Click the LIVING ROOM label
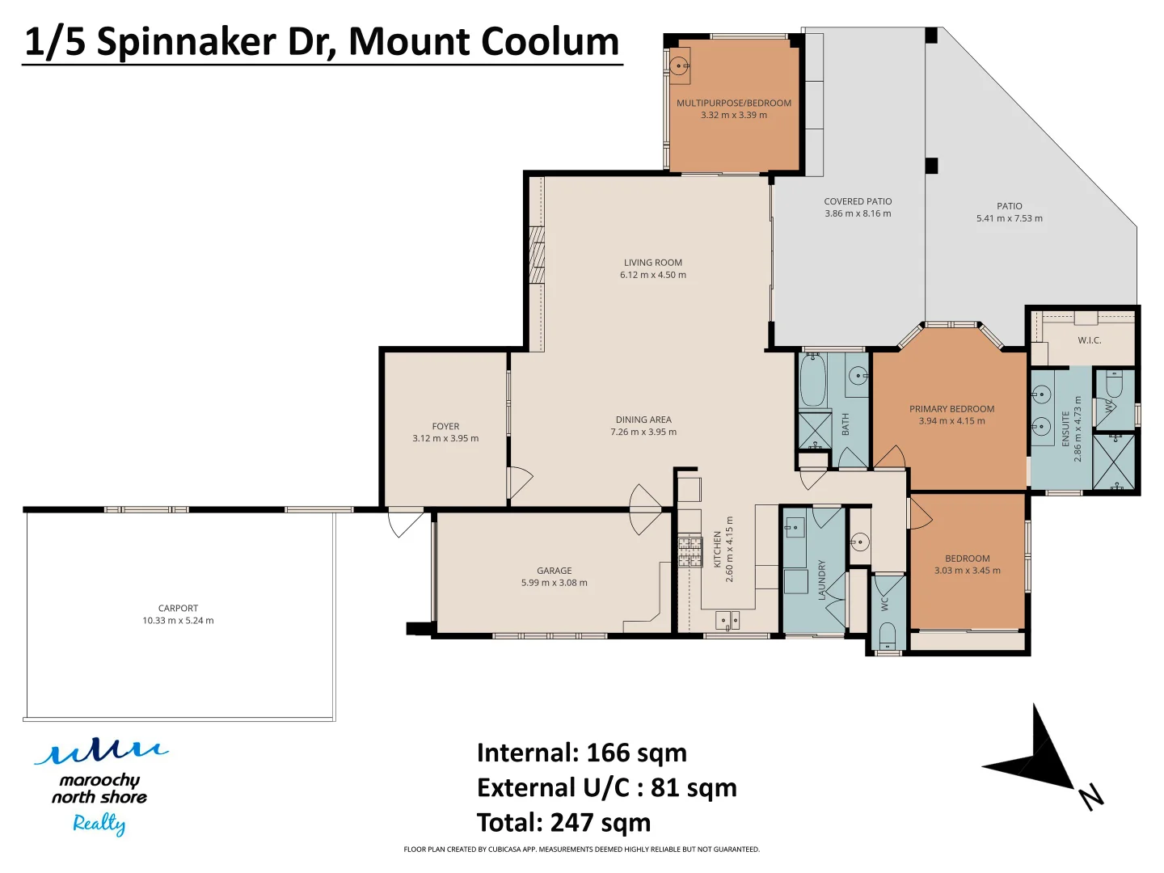coord(653,263)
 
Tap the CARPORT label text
coord(178,608)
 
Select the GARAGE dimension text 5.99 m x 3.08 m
coord(555,583)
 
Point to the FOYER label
coord(445,426)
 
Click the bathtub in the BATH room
coord(812,380)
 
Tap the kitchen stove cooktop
coord(690,551)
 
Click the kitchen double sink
coord(727,621)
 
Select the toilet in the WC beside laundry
coord(888,635)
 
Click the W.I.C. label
coord(1090,340)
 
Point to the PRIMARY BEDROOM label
coord(951,409)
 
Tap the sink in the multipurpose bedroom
coord(680,65)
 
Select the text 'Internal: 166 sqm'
coord(581,753)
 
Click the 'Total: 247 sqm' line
coord(563,823)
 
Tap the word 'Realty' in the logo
coord(99,824)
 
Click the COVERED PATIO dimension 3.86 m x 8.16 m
coord(858,214)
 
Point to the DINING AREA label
coord(643,420)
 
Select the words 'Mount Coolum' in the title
coord(483,42)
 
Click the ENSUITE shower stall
coord(1113,462)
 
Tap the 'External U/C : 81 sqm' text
coord(606,788)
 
